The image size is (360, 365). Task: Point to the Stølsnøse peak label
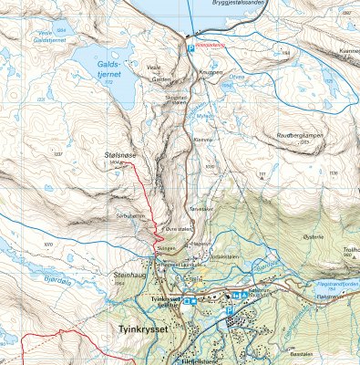[x=120, y=156]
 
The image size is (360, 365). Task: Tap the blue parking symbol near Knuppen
[x=190, y=48]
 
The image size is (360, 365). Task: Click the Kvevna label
[x=201, y=140]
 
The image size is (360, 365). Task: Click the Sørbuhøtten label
[x=132, y=216]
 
